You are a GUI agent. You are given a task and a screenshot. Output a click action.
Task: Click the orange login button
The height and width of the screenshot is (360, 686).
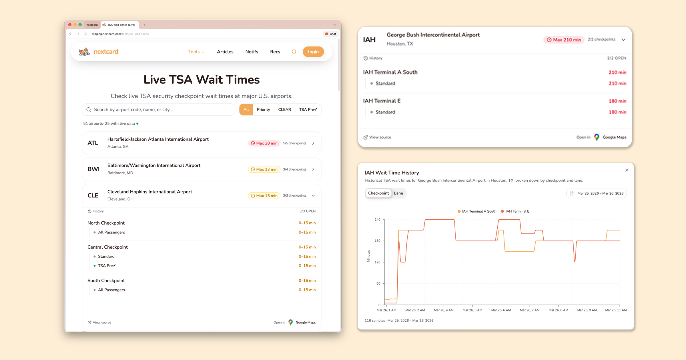313,52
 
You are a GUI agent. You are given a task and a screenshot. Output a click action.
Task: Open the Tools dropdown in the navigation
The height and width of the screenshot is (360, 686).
196,52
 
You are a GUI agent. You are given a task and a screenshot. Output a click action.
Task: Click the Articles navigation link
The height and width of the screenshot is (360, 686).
225,52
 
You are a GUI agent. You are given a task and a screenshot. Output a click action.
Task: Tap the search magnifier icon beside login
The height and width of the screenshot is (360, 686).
294,52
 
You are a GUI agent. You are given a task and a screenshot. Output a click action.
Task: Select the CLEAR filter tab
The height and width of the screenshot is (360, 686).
284,109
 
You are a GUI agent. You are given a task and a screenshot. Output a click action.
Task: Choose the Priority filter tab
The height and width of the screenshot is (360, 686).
263,109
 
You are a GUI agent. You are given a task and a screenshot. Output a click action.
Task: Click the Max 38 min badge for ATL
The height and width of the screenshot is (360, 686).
264,143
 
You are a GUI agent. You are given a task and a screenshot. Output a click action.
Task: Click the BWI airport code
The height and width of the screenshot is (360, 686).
93,169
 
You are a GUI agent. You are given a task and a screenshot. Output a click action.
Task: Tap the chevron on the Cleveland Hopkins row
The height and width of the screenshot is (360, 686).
313,196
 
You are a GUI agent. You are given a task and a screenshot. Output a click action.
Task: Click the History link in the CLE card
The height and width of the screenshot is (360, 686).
96,211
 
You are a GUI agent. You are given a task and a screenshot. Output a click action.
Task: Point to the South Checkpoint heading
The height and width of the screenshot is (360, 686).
106,281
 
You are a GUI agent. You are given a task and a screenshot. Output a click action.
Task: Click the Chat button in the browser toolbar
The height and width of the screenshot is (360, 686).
331,34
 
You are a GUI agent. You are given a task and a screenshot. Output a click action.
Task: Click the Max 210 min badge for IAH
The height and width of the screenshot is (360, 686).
564,40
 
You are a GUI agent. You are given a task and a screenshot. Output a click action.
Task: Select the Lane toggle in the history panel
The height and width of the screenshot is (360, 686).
398,193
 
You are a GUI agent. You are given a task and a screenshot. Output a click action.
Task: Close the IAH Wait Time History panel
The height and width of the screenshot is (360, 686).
627,170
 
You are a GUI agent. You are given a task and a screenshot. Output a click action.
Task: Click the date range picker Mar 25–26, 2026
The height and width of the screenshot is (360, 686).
597,193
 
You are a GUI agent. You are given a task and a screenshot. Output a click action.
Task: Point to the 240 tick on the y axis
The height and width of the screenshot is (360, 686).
378,219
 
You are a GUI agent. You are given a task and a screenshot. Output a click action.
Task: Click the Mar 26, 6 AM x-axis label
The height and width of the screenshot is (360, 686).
501,310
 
